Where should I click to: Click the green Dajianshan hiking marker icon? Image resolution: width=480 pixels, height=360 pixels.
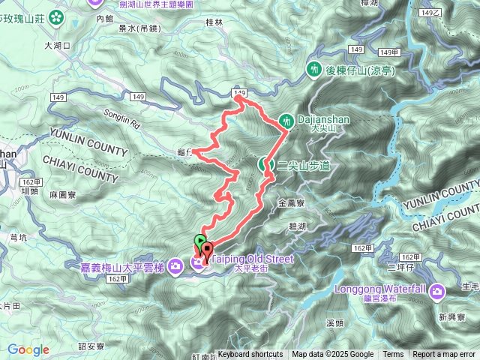(286, 120)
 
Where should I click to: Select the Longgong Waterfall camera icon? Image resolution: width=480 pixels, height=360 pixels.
(436, 291)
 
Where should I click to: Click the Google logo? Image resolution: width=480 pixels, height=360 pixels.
(28, 349)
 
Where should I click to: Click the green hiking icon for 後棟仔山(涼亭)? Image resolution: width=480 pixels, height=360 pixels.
(313, 70)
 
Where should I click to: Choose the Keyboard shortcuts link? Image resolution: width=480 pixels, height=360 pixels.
(250, 355)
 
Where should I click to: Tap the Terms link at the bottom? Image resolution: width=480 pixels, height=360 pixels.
(393, 355)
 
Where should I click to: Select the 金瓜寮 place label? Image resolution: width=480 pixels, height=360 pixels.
(290, 202)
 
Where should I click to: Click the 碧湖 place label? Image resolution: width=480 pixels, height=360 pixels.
(297, 225)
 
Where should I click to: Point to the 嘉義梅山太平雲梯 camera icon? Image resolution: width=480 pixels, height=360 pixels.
(175, 264)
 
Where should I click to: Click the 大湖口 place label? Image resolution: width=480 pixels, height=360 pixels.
(58, 46)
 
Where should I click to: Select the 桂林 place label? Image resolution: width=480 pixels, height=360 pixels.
(214, 23)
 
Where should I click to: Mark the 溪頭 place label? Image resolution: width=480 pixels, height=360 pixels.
(335, 322)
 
